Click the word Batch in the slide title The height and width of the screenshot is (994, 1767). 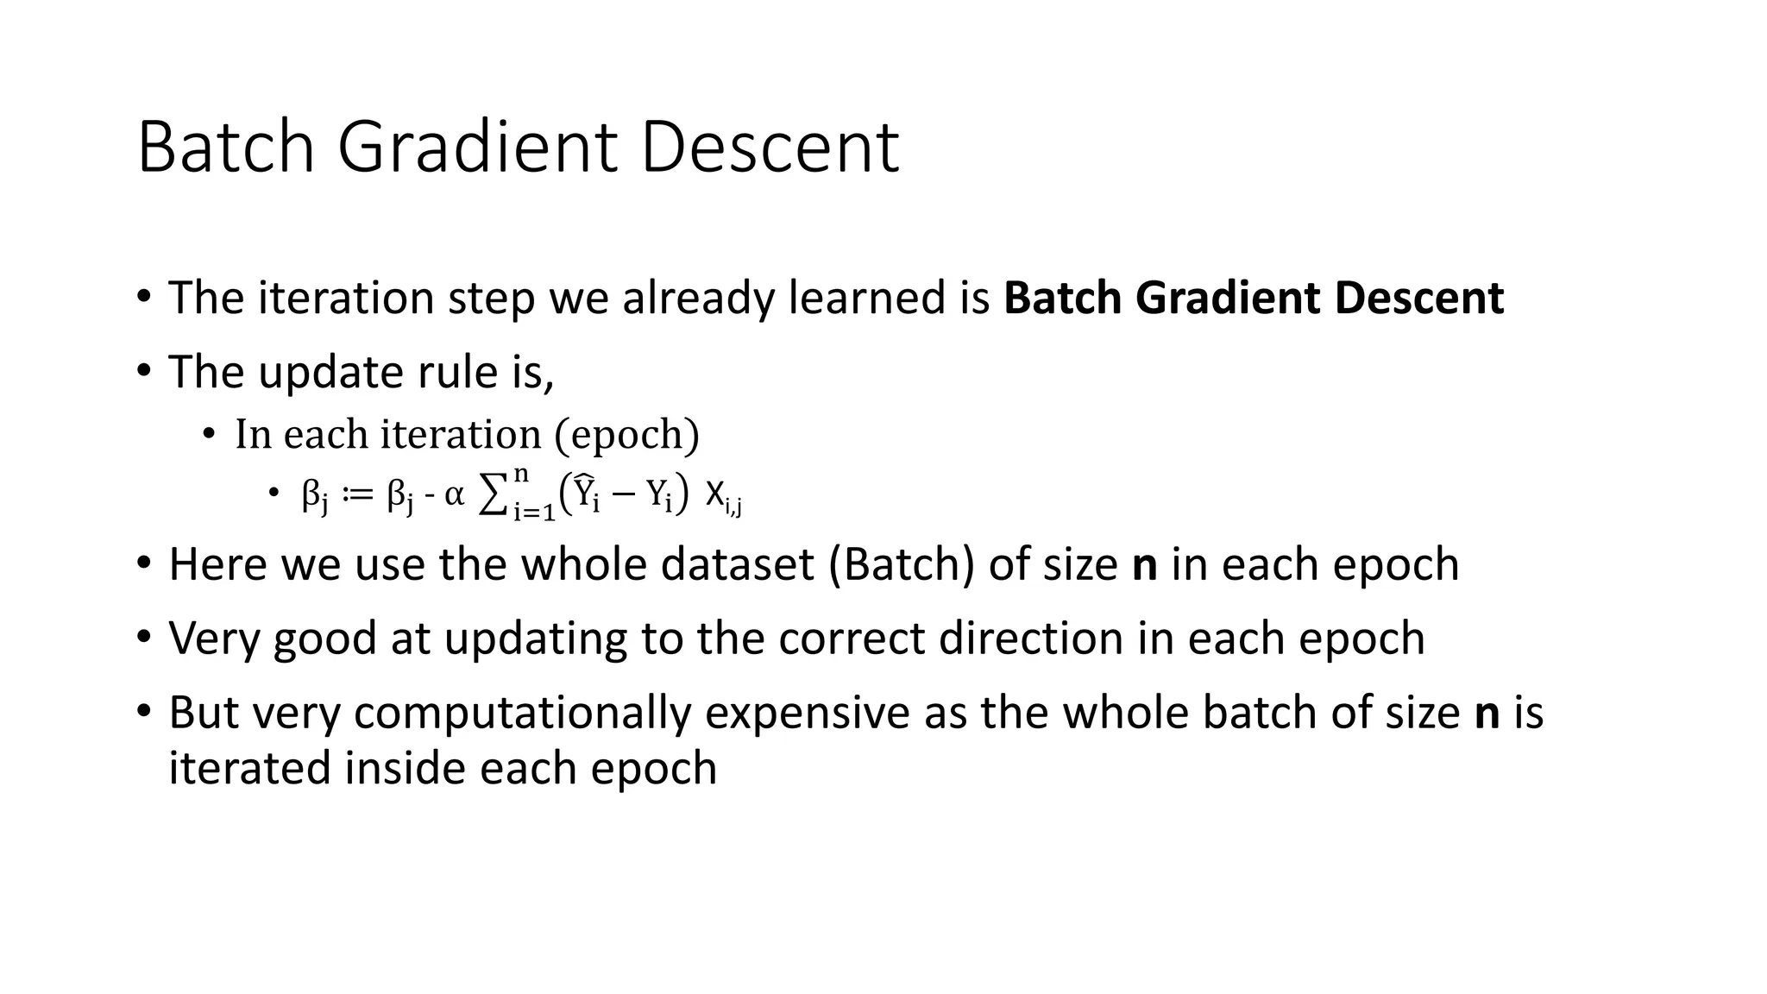point(226,148)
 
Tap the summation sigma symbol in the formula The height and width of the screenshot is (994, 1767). point(493,496)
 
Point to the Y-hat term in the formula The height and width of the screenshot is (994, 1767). point(587,494)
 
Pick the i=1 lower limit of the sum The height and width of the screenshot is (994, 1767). point(534,513)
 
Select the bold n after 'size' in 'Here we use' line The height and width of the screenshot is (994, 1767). point(1144,566)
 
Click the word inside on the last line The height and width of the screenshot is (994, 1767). point(405,769)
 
